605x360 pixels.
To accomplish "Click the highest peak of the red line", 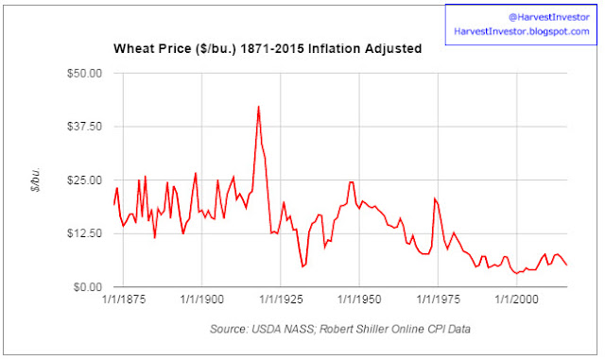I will [258, 107].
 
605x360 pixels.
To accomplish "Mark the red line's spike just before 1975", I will [435, 198].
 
